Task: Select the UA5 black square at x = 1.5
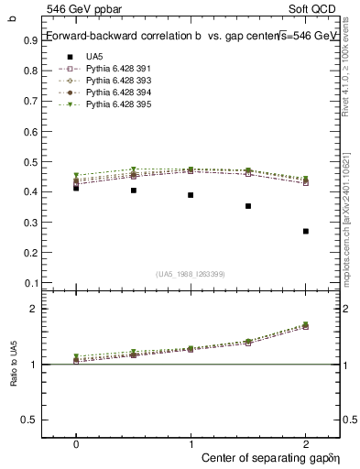248,206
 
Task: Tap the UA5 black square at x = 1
191,195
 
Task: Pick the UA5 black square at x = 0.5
134,191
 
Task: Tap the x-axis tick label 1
191,442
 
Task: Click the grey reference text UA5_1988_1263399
191,274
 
